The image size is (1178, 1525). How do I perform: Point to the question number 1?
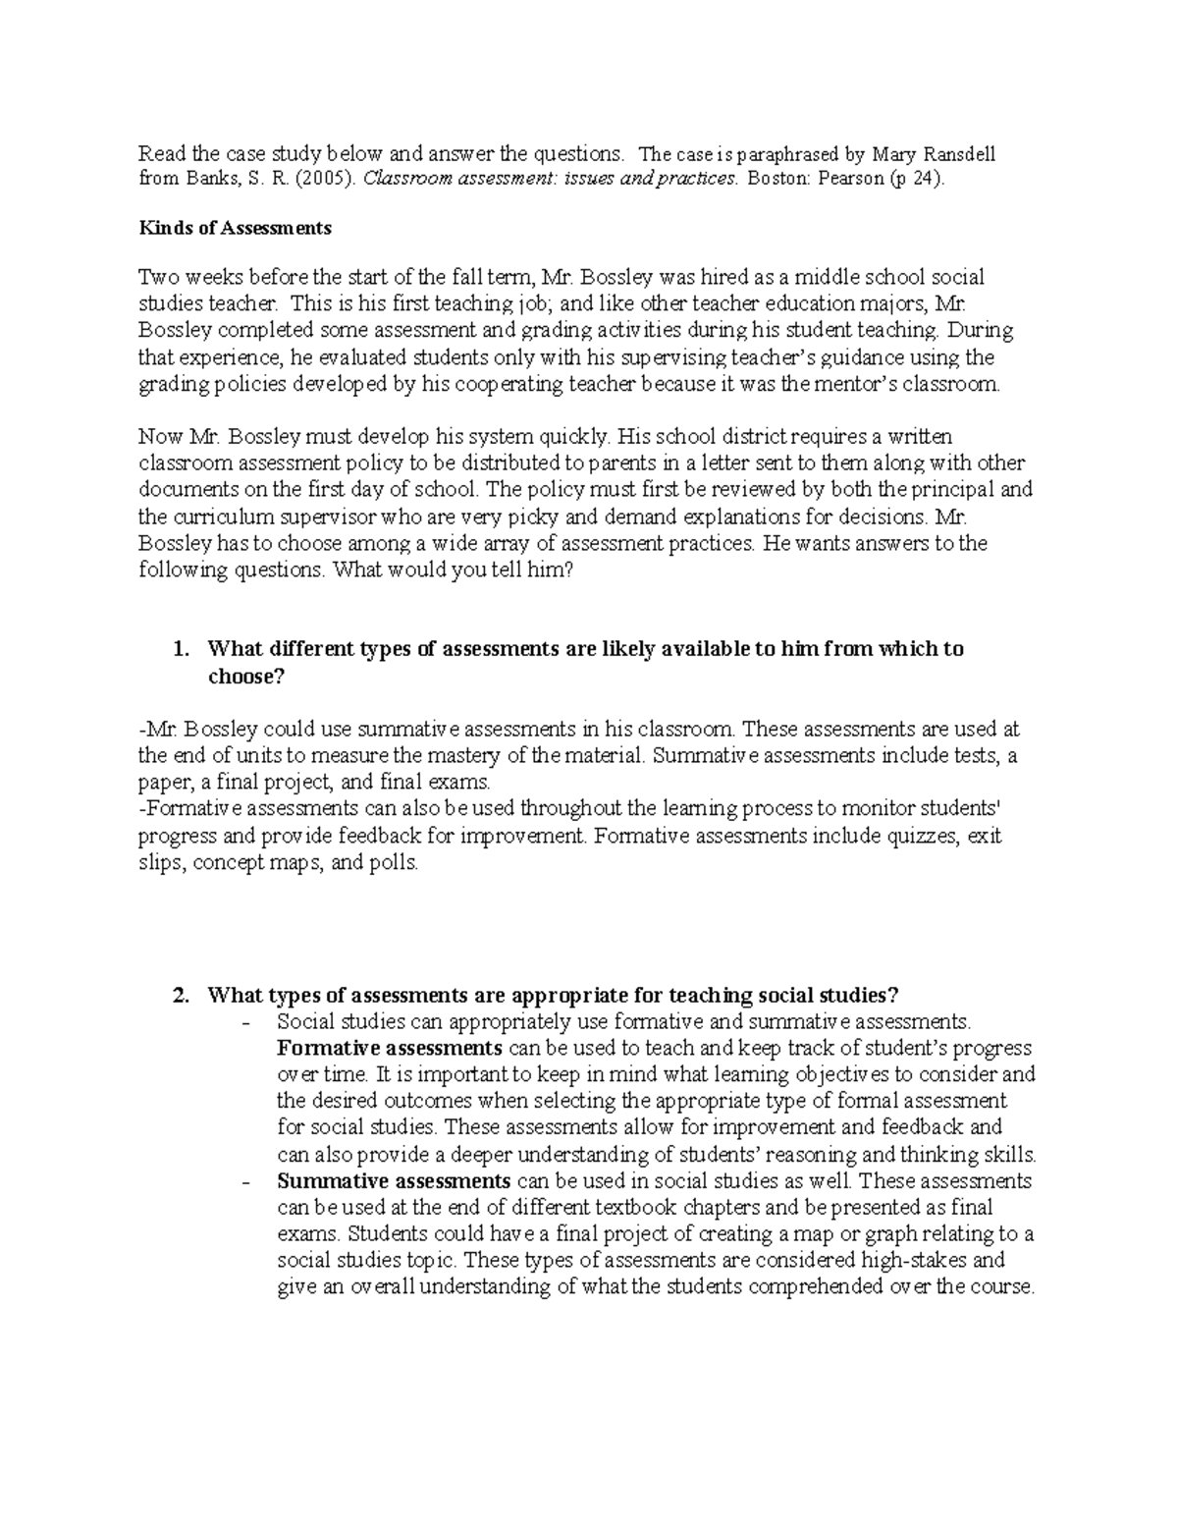click(x=179, y=649)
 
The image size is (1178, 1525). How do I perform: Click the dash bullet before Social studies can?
click(x=245, y=1022)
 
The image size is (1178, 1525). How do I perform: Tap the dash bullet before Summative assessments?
click(x=245, y=1181)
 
